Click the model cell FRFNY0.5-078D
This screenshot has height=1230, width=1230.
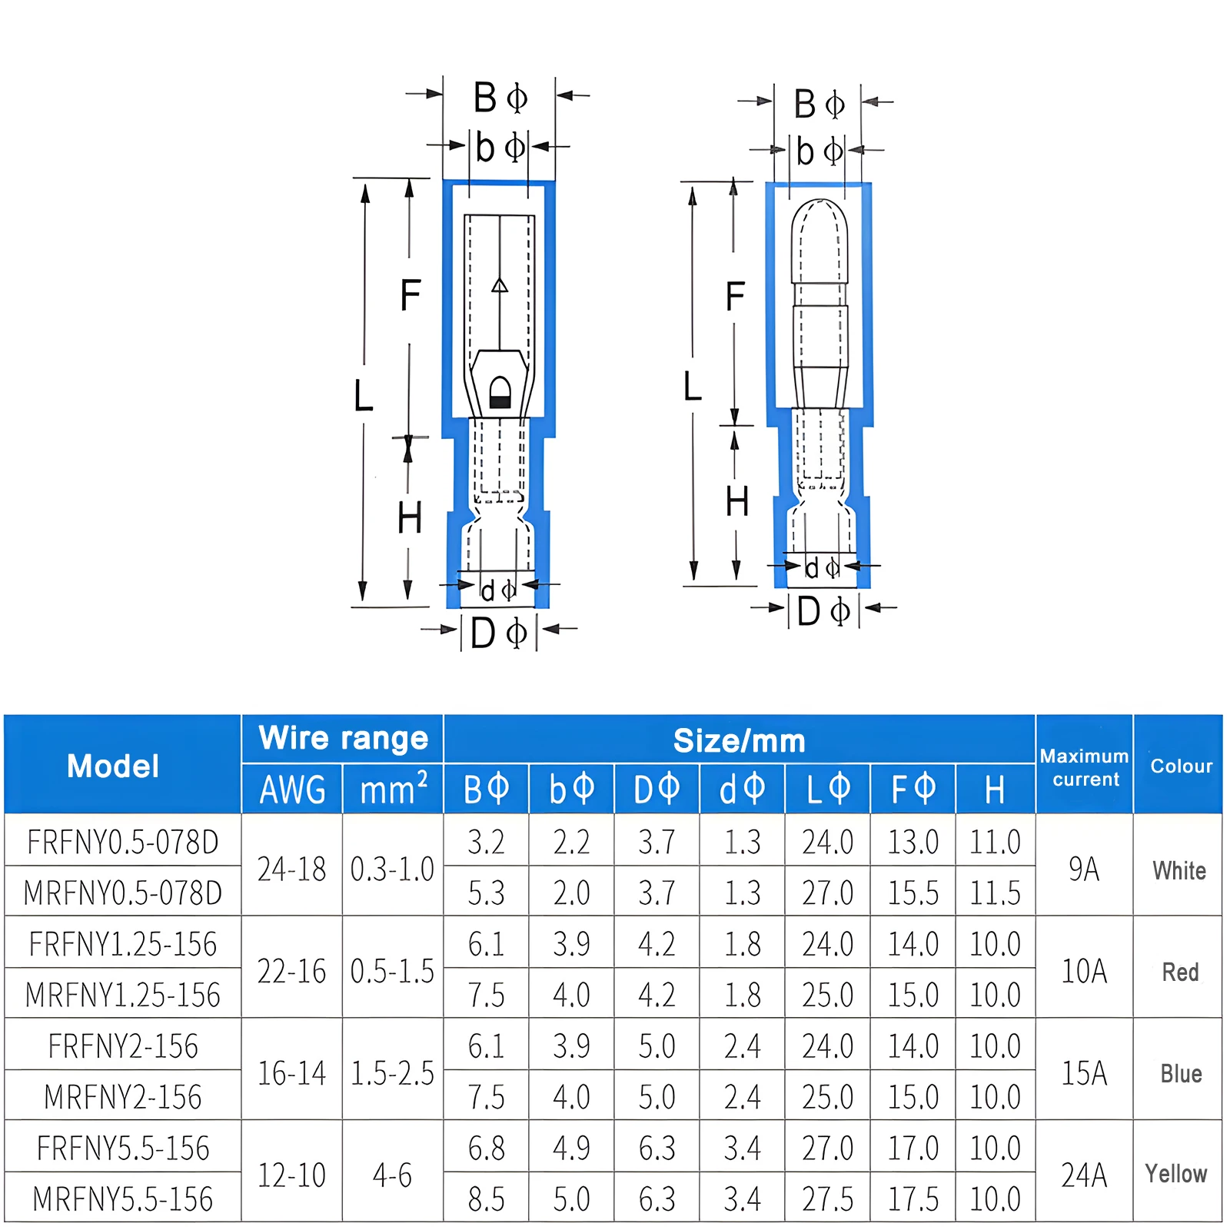[x=123, y=842]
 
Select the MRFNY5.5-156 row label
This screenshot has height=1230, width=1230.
[x=123, y=1198]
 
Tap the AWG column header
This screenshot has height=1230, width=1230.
[x=292, y=790]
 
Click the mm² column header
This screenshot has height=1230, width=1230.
[x=393, y=790]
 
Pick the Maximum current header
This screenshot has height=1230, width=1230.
[x=1085, y=767]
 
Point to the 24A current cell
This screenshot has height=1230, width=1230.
[x=1084, y=1175]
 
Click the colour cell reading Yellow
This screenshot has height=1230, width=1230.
[x=1176, y=1174]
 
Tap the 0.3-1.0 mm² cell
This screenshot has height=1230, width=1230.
[x=392, y=869]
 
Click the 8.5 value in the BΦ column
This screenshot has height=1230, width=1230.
[x=486, y=1198]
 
